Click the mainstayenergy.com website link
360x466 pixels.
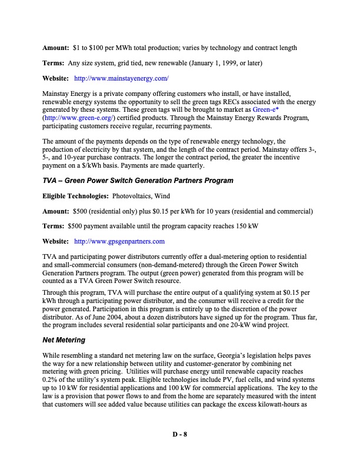122,78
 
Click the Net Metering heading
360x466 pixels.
65,340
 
